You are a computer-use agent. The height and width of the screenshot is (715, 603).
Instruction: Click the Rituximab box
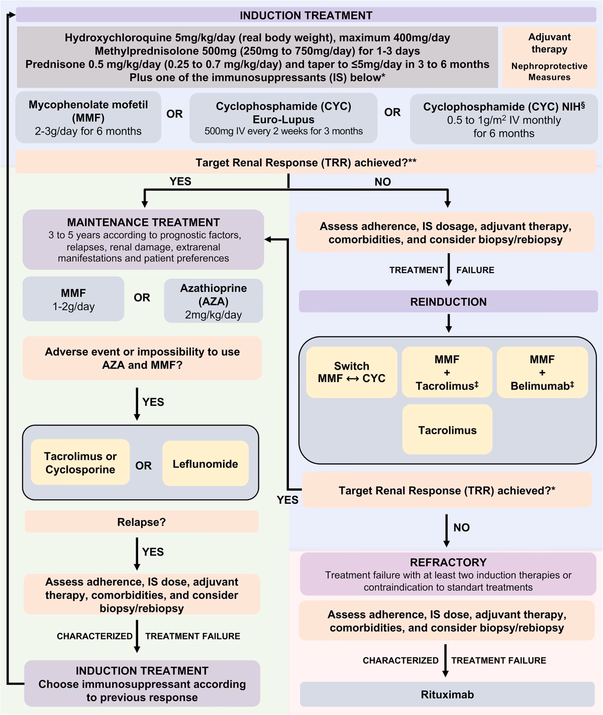[447, 694]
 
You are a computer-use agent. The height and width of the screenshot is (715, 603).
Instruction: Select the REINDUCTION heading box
[448, 302]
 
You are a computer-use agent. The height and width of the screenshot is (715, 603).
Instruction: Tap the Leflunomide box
[205, 464]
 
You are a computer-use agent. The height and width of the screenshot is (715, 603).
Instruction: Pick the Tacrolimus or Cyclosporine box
[80, 463]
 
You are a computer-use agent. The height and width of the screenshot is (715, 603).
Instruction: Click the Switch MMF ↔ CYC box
[351, 373]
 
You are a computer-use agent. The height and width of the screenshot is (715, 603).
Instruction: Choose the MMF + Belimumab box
[542, 373]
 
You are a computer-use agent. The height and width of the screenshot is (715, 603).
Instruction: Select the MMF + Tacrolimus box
[447, 373]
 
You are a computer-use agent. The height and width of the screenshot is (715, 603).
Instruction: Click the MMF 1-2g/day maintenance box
[73, 299]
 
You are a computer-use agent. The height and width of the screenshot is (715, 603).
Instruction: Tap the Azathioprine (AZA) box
[213, 301]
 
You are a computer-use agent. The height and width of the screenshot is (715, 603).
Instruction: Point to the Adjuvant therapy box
[549, 56]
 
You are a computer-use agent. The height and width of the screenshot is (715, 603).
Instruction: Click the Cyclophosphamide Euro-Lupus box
[283, 119]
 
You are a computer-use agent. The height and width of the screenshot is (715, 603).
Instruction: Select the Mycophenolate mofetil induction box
[88, 118]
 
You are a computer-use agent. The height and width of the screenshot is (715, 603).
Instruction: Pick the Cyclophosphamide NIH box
[504, 120]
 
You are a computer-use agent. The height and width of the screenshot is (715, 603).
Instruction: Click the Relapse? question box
[141, 522]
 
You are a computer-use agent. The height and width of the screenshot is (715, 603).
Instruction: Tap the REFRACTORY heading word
[448, 562]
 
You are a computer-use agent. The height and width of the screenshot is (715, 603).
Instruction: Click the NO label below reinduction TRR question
[461, 527]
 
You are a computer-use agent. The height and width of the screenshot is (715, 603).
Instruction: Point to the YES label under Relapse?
[153, 552]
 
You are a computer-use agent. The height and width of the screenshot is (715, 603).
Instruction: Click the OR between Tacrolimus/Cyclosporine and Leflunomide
[143, 466]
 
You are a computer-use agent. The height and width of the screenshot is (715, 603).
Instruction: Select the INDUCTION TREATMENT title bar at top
[306, 15]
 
